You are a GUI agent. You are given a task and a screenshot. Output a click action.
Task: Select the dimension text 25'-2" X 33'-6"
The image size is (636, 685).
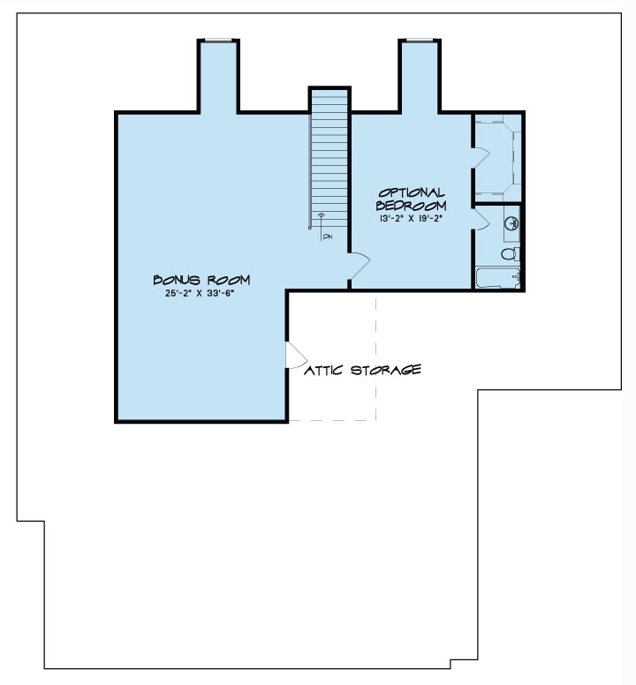201,295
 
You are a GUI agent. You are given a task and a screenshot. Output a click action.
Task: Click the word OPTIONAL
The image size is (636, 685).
412,192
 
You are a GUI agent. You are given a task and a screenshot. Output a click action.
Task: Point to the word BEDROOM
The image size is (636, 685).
412,205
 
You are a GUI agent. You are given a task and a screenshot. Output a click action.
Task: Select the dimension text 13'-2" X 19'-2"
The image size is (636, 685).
412,218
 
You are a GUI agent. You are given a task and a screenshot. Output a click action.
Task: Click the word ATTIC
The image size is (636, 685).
325,370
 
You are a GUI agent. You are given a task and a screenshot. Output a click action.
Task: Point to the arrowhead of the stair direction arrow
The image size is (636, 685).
321,215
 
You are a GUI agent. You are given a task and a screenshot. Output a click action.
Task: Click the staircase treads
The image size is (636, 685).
329,150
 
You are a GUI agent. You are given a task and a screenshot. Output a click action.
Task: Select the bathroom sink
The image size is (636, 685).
512,224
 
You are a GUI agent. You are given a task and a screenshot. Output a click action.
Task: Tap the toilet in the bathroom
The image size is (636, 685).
509,254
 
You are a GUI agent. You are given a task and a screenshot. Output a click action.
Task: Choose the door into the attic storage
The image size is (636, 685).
295,355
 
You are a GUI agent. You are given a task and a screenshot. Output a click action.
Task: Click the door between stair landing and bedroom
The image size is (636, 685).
360,264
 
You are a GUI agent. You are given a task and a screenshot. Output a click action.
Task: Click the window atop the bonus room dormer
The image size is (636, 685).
217,40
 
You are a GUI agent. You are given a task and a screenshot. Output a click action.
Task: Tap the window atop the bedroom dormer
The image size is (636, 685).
420,40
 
